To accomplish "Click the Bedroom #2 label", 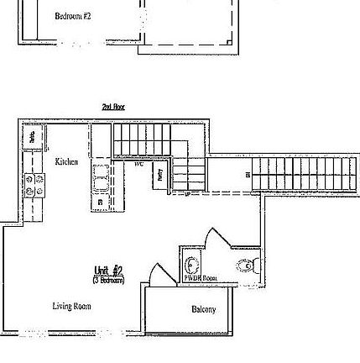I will pyautogui.click(x=67, y=16).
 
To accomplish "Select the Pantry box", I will pyautogui.click(x=159, y=175).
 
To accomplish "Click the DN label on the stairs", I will pyautogui.click(x=247, y=175).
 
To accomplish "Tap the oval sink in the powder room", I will pyautogui.click(x=192, y=261).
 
